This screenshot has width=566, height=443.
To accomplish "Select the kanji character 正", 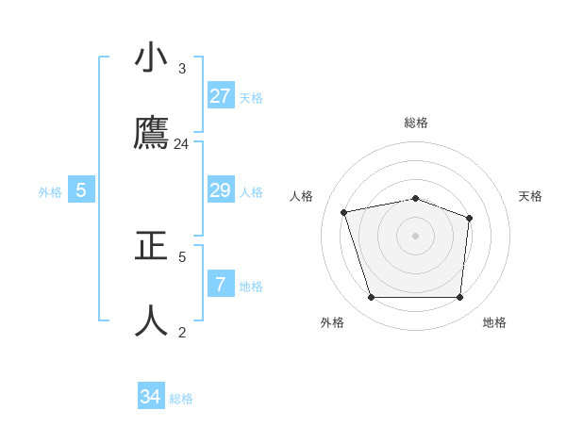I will coord(153,246).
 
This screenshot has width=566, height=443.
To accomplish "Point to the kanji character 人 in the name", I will coord(153,320).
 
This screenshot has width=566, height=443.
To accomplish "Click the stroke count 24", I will coord(182,144).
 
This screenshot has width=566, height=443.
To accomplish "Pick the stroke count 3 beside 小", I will coord(182,69).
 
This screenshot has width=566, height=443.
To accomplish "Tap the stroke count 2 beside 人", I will coord(182,332).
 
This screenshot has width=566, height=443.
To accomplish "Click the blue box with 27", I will coord(221,95).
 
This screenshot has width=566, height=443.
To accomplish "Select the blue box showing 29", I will coord(221,190).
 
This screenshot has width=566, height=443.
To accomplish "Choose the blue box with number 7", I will coord(221,284).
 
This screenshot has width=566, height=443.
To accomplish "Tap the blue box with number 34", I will coord(151,397).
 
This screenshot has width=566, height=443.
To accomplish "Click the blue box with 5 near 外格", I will coord(81,190).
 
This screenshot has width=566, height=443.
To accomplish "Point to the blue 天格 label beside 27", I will coord(251,98).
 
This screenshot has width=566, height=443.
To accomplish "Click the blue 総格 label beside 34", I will coord(181,399).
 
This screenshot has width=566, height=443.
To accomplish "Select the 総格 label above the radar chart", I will coord(416,123).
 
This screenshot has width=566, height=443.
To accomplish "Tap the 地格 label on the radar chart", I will coord(494,322).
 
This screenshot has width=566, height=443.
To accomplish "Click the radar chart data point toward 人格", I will coord(344,212).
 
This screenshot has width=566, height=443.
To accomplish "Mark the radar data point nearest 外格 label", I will coord(371,298).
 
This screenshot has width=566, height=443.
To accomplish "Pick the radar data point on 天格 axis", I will coord(470,218).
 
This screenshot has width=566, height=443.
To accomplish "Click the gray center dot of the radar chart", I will coord(415,236).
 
